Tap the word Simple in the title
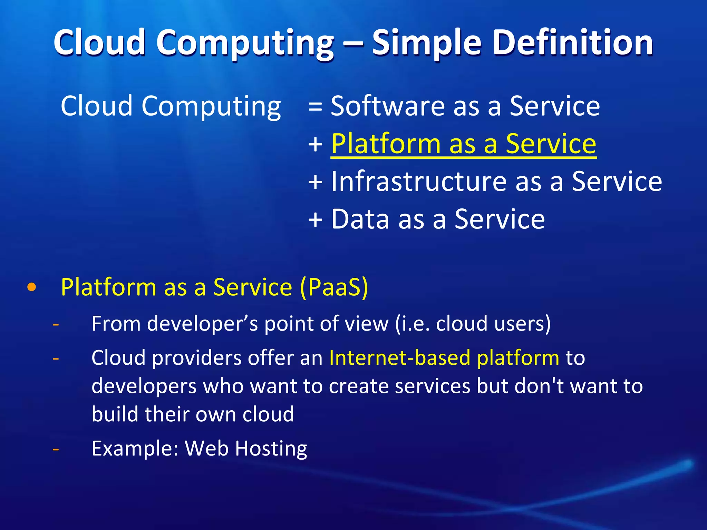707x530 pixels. point(427,43)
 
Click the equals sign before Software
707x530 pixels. point(315,106)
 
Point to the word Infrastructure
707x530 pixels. point(419,181)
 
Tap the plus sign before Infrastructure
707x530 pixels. point(315,182)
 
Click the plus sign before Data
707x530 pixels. point(315,220)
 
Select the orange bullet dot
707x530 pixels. point(31,287)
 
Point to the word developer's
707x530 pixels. point(202,324)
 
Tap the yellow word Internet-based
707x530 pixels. point(400,358)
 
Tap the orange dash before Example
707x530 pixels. point(56,449)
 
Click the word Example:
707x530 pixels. point(135,449)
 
